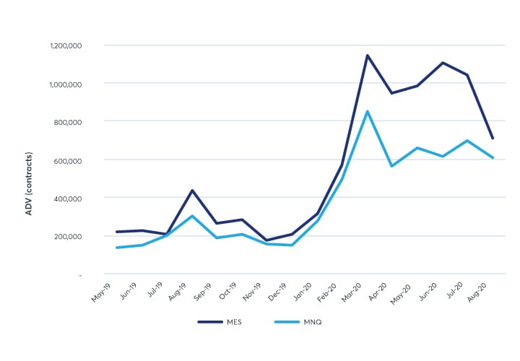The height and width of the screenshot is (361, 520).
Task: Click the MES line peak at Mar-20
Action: (367, 55)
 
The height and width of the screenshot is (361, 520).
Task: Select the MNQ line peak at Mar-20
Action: (367, 111)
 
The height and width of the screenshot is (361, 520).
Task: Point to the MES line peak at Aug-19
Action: (192, 191)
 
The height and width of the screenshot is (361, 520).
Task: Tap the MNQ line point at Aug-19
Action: (192, 216)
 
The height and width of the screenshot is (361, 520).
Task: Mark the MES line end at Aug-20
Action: (493, 138)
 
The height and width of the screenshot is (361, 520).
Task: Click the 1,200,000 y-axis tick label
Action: (64, 45)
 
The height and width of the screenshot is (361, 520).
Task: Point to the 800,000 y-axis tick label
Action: (66, 121)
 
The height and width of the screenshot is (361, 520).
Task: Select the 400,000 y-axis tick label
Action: (66, 198)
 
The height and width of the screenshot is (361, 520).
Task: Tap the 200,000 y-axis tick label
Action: (66, 236)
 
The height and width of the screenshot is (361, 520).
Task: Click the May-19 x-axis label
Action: (102, 292)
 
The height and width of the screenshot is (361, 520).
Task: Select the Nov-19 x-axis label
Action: (252, 292)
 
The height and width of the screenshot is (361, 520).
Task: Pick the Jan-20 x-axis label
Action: (302, 292)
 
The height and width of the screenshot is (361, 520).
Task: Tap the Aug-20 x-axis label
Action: (478, 292)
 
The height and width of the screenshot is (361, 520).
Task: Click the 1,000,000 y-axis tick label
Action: (64, 84)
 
